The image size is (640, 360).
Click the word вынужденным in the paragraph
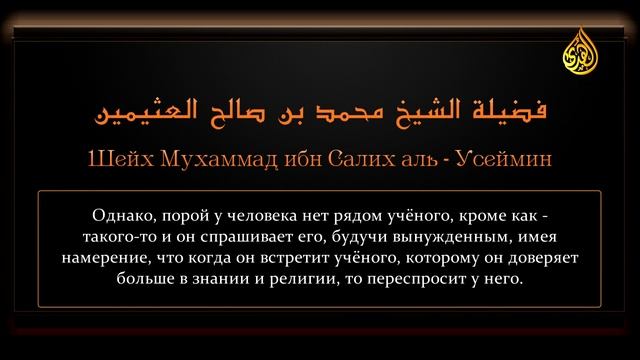[x=440, y=235]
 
